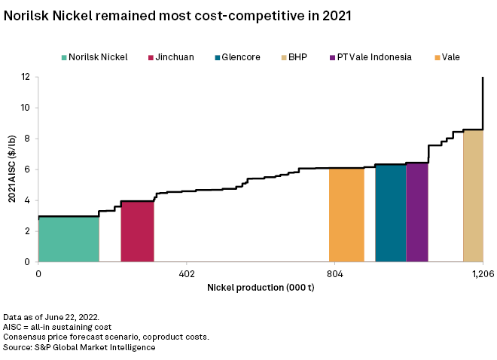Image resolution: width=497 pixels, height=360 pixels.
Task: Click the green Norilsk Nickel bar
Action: [69, 239]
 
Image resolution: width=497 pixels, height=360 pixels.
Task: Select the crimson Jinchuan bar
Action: [137, 231]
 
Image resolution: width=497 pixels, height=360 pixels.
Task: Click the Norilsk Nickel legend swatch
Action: [64, 56]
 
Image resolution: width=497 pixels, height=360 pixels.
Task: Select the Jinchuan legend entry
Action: [174, 56]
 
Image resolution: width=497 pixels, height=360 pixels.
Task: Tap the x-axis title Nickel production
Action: [260, 288]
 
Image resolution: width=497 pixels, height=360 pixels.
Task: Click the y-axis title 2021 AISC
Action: [11, 169]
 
